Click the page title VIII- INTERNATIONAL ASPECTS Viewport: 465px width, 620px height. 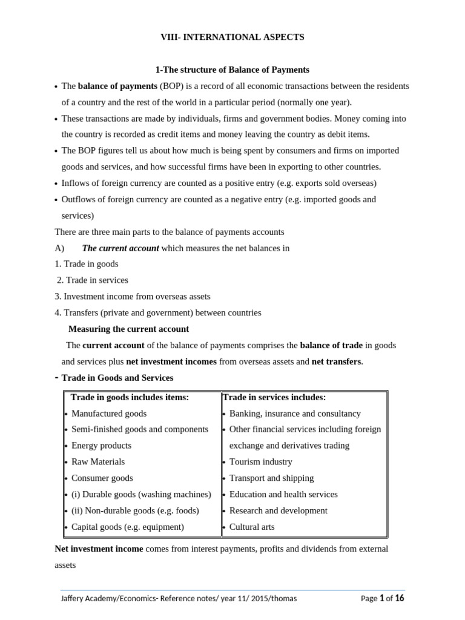232,38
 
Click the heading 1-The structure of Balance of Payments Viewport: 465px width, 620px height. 232,70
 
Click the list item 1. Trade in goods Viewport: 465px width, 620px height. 87,264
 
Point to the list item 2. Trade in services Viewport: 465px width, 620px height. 93,280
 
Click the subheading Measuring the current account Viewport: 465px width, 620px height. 128,329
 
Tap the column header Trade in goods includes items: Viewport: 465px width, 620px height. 130,397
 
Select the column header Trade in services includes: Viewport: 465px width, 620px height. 274,397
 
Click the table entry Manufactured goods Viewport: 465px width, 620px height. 109,414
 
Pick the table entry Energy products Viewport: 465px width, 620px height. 101,446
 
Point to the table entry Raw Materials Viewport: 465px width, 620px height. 98,462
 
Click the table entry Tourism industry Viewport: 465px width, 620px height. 260,462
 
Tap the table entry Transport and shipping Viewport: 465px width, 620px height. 271,478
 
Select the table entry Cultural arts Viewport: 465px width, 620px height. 252,527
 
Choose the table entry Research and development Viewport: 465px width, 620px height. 278,510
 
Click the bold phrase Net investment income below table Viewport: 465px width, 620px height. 99,549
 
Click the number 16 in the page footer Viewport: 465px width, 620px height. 400,598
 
